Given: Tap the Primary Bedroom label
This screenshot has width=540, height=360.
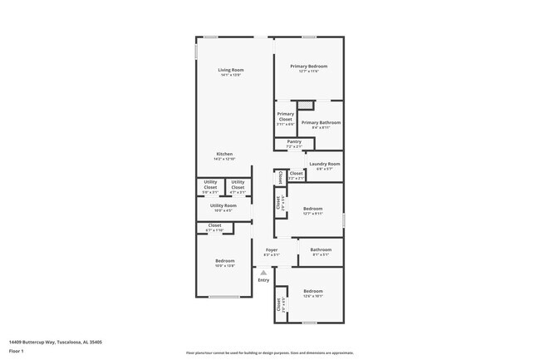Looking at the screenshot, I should [308, 67].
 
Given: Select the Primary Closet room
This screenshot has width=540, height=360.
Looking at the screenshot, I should [285, 118].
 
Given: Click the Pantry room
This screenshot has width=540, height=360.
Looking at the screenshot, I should [294, 143].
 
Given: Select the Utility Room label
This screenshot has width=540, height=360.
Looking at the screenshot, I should [223, 206].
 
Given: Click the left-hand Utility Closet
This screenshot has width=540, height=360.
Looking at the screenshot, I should [210, 187].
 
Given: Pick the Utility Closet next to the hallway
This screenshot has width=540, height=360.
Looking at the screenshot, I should [238, 187].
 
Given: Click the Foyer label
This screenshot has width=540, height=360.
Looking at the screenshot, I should [272, 250].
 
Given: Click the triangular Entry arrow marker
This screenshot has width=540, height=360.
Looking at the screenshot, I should [263, 271].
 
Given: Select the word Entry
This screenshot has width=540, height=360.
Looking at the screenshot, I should [263, 280].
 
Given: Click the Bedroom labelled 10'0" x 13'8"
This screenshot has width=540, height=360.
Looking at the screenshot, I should [224, 263].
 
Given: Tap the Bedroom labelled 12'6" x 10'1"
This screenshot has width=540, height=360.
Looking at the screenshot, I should [312, 293].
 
